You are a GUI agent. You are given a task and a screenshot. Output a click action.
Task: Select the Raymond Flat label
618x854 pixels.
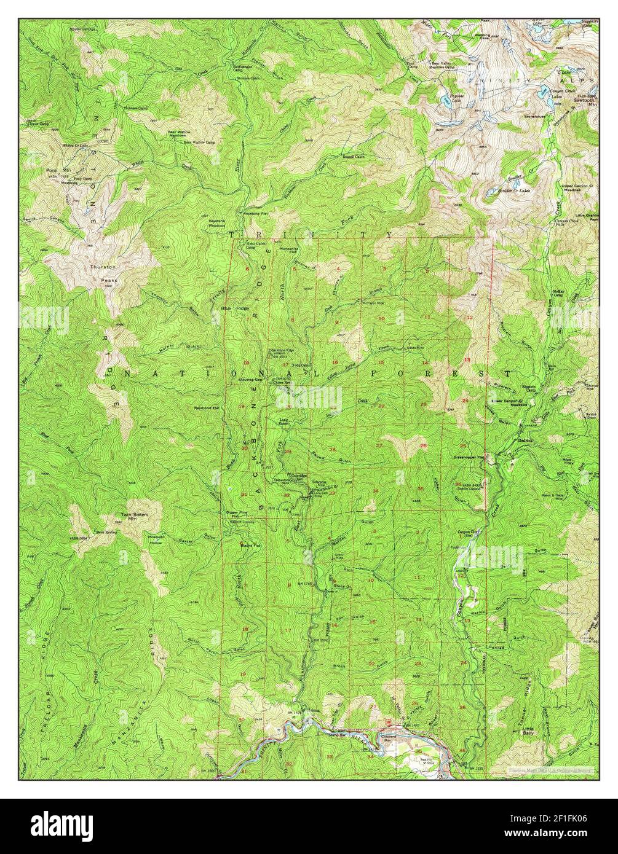pyautogui.click(x=207, y=407)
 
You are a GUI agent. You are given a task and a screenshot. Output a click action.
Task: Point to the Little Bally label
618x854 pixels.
pyautogui.click(x=527, y=729)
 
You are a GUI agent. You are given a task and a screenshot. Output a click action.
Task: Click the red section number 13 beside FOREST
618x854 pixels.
pyautogui.click(x=467, y=359)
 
